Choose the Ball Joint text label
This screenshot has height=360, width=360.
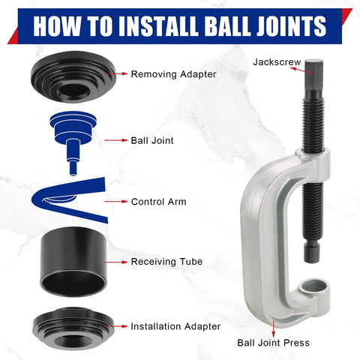152,139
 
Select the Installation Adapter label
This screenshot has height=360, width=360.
175,326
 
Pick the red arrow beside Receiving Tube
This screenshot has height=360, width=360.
115,262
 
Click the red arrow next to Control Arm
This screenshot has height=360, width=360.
115,202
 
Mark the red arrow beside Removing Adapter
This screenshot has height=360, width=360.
115,74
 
